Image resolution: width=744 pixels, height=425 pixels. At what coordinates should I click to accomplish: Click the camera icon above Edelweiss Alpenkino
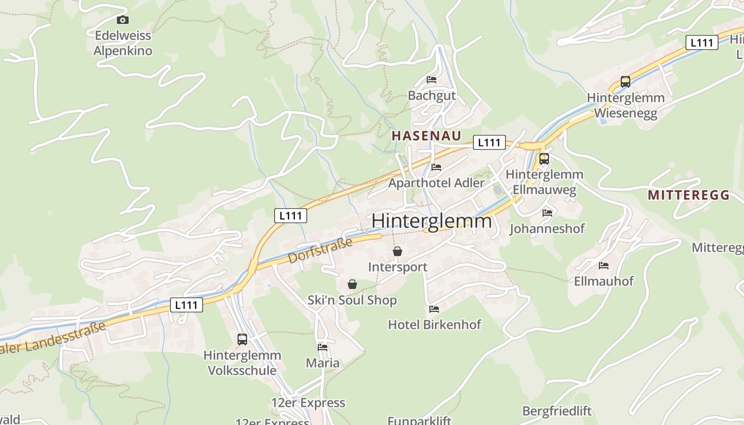(x=123, y=20)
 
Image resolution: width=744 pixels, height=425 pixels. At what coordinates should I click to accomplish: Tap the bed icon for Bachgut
(x=432, y=80)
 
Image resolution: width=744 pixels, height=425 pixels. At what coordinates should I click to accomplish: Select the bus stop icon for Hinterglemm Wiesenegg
(x=625, y=82)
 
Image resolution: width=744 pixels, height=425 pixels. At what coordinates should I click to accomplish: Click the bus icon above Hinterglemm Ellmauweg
(x=544, y=158)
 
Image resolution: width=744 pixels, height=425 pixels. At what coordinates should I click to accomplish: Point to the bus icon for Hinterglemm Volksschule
(x=242, y=339)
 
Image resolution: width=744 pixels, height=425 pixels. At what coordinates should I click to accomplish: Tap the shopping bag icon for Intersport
(x=398, y=251)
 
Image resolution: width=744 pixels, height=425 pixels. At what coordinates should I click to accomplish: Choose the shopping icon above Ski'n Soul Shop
(x=352, y=285)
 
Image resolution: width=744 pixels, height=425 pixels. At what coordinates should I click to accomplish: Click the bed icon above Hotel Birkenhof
(x=434, y=309)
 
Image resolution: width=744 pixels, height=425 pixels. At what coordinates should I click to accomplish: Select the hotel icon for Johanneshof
(x=547, y=213)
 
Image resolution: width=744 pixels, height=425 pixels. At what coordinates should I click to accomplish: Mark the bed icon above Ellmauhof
(x=604, y=265)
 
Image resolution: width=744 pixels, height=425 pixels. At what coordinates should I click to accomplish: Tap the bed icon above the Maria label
(x=323, y=347)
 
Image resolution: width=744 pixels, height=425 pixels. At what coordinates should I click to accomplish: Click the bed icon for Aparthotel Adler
(x=436, y=167)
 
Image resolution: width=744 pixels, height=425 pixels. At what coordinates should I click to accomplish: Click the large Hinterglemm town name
(x=432, y=220)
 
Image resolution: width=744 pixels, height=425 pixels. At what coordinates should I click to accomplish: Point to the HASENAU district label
(x=426, y=135)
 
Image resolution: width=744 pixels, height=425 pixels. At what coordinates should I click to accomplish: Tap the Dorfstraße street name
(x=320, y=251)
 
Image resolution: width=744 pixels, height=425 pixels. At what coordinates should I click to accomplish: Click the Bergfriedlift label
(x=557, y=411)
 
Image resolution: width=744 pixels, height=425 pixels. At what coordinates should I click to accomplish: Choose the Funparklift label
(x=419, y=421)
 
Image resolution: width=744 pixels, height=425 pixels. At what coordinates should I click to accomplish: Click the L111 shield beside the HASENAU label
(x=489, y=142)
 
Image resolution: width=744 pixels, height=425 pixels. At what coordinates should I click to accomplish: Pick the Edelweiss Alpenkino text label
(x=123, y=44)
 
